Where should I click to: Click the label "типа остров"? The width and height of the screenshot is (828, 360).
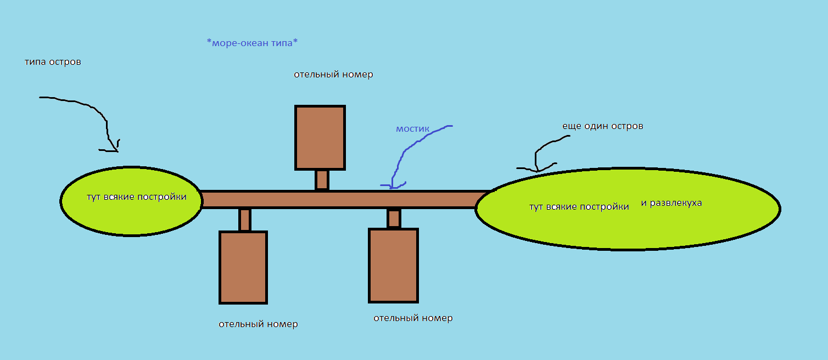(53, 62)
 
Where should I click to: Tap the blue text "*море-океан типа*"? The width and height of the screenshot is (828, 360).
(253, 43)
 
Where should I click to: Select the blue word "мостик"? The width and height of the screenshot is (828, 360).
(412, 129)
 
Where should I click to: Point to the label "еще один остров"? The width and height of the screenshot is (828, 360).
(602, 126)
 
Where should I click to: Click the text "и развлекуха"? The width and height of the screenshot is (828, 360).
(671, 203)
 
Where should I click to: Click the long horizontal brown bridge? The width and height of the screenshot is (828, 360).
(340, 199)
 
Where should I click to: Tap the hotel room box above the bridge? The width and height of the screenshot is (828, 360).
(320, 137)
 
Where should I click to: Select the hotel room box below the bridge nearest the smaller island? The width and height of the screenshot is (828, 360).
(243, 267)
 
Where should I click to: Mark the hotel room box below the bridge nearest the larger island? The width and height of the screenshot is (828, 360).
(393, 265)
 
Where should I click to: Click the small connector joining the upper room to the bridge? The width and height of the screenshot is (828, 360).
(322, 179)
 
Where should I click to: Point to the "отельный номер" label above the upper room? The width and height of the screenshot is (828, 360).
(333, 75)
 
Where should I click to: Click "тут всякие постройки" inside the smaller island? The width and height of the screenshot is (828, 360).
(136, 197)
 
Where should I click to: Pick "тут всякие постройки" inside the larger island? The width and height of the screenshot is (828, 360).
(579, 207)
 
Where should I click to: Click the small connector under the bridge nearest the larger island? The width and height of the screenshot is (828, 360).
(393, 218)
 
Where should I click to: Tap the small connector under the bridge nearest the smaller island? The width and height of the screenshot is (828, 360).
(245, 220)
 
